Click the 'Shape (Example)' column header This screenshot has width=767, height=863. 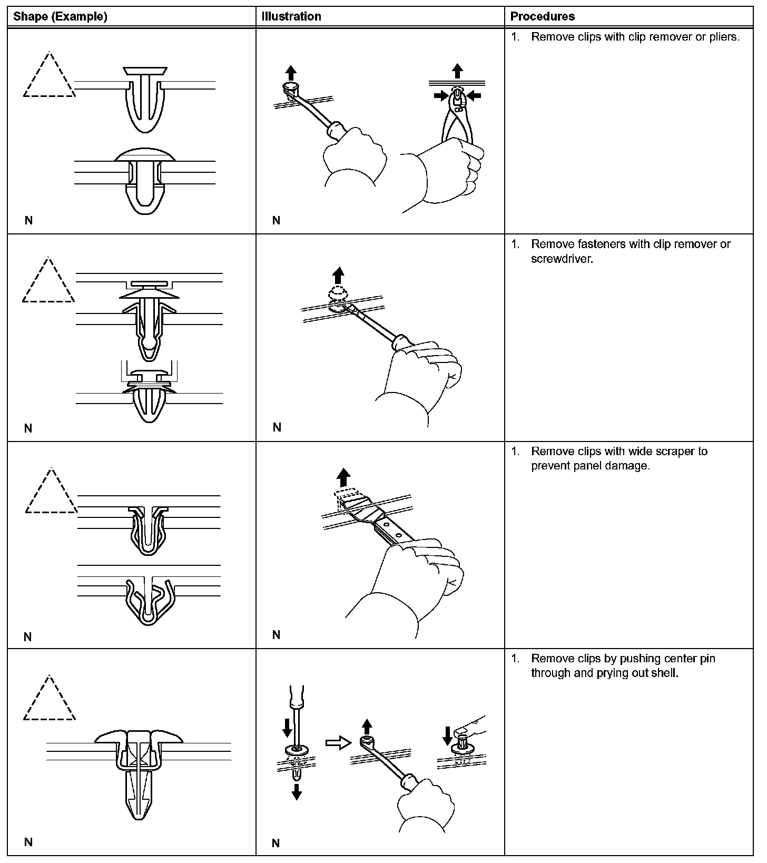click(60, 16)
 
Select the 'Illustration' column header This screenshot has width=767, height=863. click(291, 16)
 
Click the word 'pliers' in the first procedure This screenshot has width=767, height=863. click(723, 37)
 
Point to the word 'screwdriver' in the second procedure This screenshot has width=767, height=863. click(562, 259)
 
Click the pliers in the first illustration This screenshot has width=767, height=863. click(457, 116)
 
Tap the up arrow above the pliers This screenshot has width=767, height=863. click(457, 71)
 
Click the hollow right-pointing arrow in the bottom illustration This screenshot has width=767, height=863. click(338, 743)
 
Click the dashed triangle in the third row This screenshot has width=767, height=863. click(51, 493)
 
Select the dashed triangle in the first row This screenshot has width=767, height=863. click(49, 76)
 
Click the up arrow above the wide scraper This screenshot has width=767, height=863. click(343, 477)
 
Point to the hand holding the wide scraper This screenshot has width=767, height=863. click(416, 580)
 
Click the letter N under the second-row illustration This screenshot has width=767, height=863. click(277, 427)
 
